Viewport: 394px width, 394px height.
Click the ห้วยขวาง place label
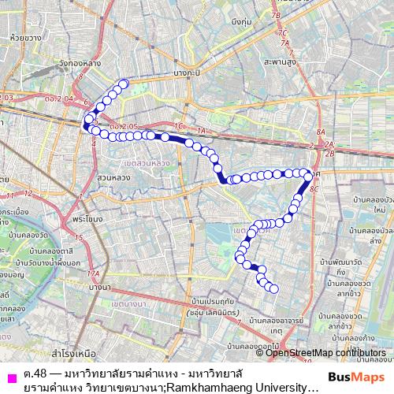click(15, 36)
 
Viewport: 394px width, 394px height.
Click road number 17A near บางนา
click(95, 273)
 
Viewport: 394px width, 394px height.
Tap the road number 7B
click(276, 16)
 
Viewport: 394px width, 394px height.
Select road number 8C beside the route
click(316, 190)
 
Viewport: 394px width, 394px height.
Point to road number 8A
click(320, 132)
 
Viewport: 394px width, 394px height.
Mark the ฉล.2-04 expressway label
click(60, 98)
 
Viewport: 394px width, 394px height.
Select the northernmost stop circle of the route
click(124, 84)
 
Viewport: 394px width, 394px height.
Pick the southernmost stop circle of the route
click(274, 288)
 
